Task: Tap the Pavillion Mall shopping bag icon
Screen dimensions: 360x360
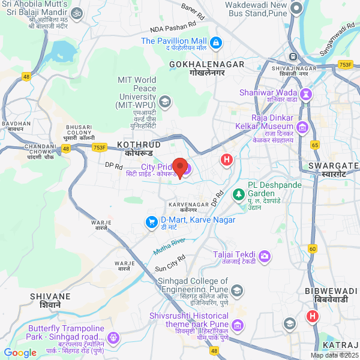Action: (x=216, y=43)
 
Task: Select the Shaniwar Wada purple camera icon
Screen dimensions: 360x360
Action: (x=307, y=94)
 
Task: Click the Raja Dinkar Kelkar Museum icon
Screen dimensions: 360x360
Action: (x=302, y=127)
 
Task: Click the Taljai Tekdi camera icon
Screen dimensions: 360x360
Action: (x=265, y=256)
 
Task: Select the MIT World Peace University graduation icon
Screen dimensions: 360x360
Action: (x=165, y=102)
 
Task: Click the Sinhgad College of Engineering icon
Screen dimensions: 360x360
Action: (x=238, y=291)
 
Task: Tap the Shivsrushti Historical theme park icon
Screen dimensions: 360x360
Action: (x=238, y=325)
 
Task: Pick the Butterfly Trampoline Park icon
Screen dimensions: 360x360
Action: (x=113, y=338)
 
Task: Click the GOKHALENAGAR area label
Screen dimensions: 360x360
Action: (x=206, y=64)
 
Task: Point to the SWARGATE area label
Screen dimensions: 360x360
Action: (x=332, y=165)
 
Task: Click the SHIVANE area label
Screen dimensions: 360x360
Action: (x=50, y=296)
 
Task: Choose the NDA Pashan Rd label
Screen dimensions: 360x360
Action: (x=173, y=27)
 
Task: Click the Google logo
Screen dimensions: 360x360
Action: (x=20, y=353)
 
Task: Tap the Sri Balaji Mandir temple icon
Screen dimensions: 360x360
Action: (x=77, y=13)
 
